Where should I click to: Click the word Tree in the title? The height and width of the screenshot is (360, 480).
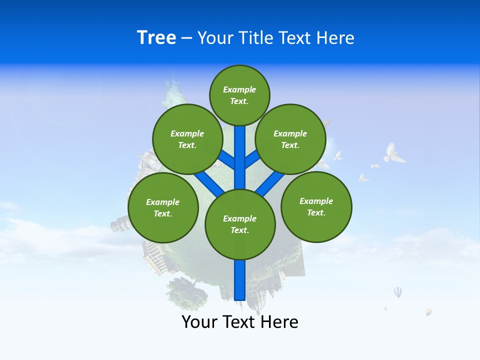coord(156,38)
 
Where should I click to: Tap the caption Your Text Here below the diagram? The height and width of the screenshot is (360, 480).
coord(240,322)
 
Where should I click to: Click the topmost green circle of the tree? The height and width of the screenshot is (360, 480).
coord(239,95)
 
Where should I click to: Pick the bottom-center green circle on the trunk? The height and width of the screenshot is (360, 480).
coord(240,224)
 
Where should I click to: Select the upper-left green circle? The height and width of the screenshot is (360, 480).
coord(187,139)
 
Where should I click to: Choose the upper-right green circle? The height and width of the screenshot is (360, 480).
coord(290,139)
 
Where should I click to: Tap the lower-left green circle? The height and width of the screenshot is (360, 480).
coord(163,207)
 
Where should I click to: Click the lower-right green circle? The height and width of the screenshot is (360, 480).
coord(316,206)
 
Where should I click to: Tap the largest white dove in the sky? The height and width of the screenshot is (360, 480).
coord(393,153)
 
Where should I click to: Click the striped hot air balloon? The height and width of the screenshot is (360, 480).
coord(397,292)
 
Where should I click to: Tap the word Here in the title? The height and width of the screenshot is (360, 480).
coord(335,38)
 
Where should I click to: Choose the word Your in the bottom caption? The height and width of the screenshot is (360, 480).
coord(199,322)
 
